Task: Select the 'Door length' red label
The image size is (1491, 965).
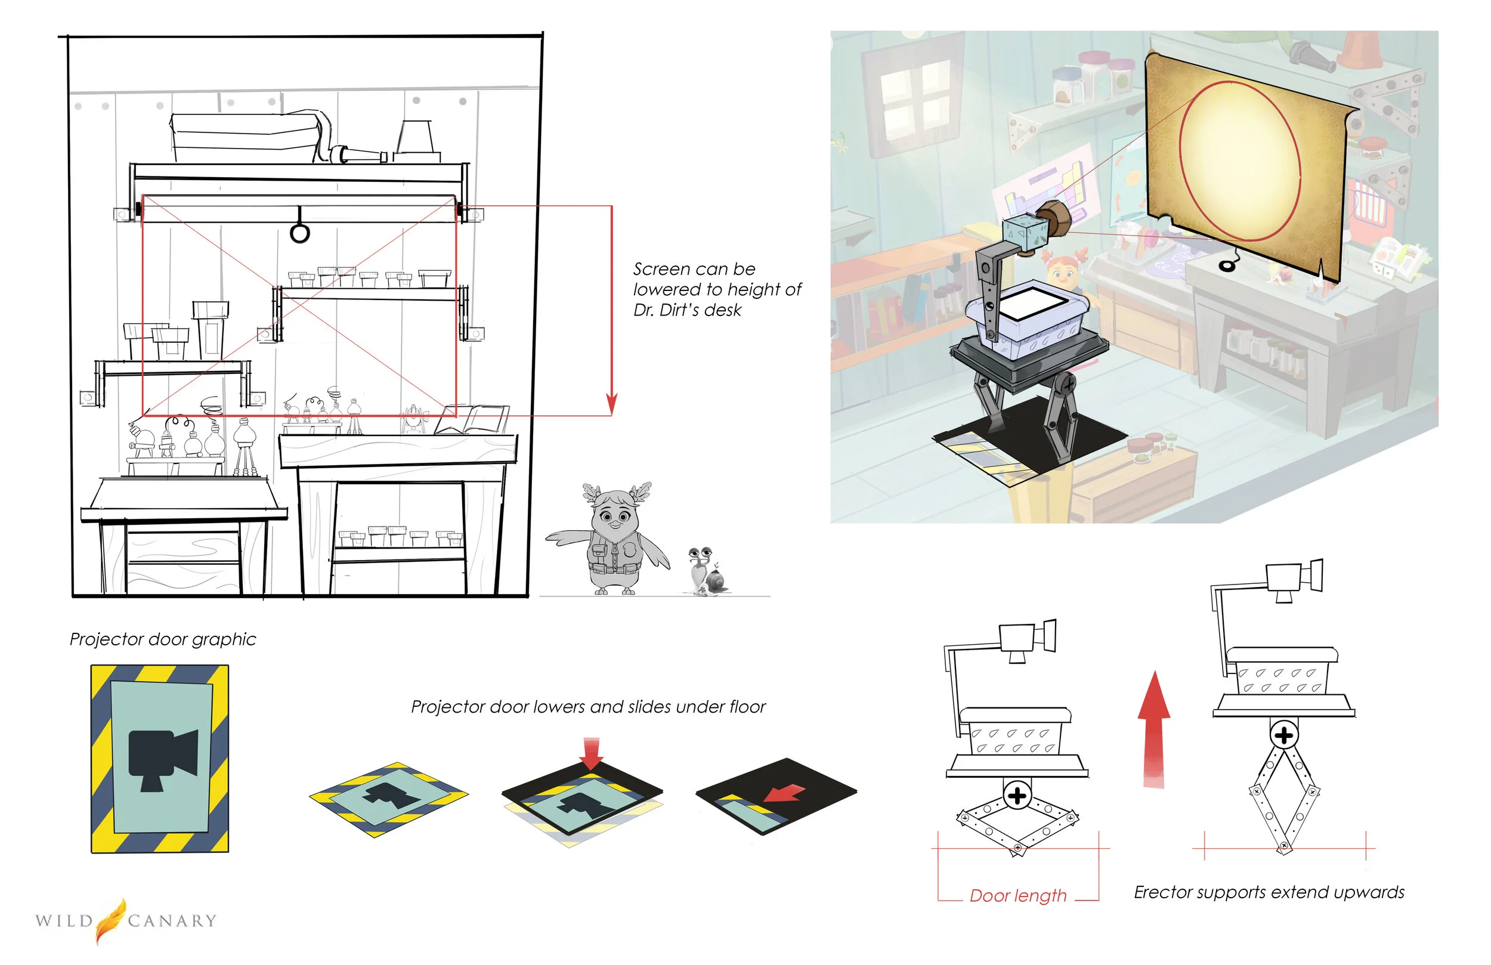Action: pyautogui.click(x=1018, y=895)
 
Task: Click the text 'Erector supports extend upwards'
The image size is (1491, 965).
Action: pyautogui.click(x=1269, y=892)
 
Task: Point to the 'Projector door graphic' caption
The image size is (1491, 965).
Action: pyautogui.click(x=163, y=639)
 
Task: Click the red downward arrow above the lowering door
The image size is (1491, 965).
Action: pyautogui.click(x=591, y=753)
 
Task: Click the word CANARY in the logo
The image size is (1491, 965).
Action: pyautogui.click(x=172, y=920)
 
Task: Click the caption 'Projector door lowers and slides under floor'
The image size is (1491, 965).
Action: pyautogui.click(x=588, y=707)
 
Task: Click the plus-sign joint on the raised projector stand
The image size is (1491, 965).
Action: pyautogui.click(x=1284, y=735)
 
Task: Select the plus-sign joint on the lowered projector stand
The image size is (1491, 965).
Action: pyautogui.click(x=1017, y=795)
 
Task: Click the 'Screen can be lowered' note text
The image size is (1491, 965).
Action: pyautogui.click(x=717, y=289)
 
